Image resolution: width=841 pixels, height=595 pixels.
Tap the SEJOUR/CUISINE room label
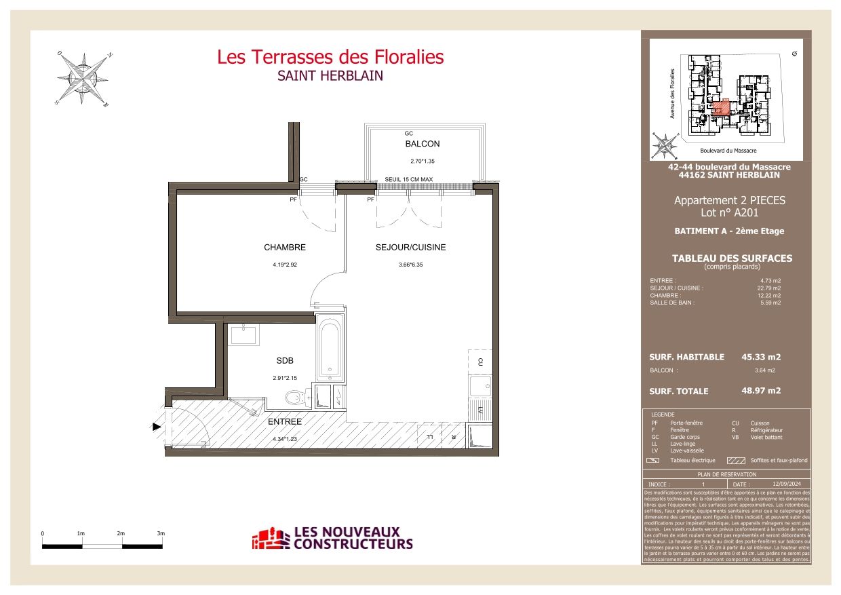(x=410, y=248)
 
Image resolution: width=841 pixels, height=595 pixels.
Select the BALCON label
(x=422, y=144)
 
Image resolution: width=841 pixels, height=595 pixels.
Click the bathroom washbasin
(x=242, y=334)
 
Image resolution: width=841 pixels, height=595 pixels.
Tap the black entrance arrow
(x=157, y=427)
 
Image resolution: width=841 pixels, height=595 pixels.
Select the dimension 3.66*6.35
(x=410, y=266)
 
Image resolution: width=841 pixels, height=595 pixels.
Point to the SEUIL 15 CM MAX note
(x=408, y=179)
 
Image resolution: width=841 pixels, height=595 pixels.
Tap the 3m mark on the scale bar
(x=161, y=534)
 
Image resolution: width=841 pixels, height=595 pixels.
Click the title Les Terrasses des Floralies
(x=330, y=57)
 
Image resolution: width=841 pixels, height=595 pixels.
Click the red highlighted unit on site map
(x=722, y=107)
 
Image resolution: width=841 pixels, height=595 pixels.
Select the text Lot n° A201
(x=729, y=213)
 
